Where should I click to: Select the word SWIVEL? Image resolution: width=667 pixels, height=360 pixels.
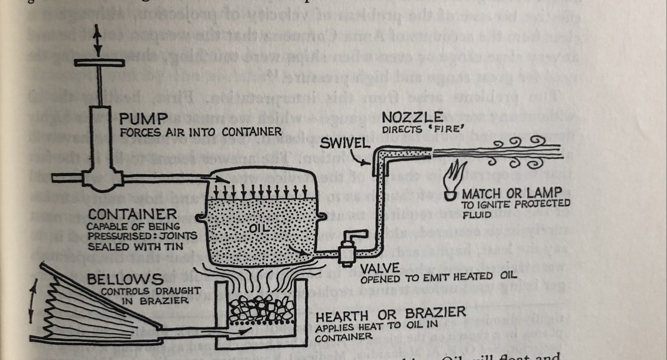344,143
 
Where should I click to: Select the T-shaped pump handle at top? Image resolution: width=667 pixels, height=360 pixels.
100,63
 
